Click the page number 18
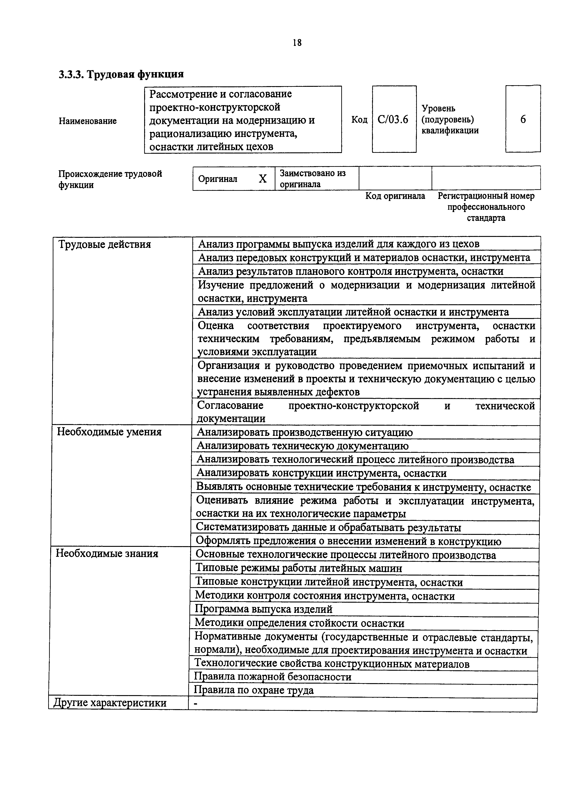[297, 43]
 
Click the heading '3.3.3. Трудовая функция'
[121, 74]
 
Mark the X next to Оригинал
[263, 179]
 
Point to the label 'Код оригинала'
[395, 196]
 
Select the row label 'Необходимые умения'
[109, 432]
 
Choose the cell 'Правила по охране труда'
[254, 690]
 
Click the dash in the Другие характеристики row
[196, 703]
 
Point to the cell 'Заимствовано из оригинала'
[313, 179]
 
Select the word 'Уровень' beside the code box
[438, 109]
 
